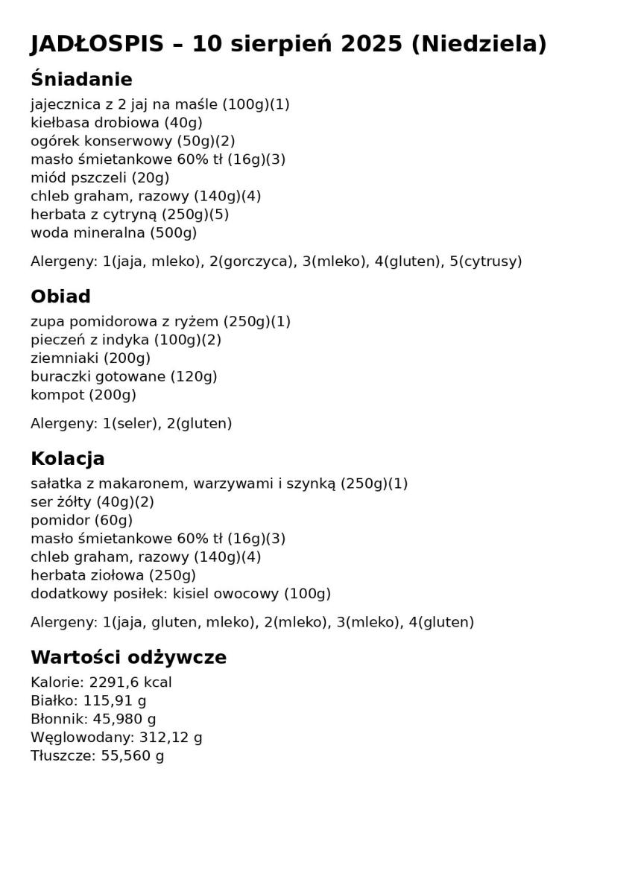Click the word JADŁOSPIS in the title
[x=97, y=45]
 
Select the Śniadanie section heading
[x=81, y=80]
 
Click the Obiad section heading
[x=60, y=297]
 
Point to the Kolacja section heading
[x=67, y=459]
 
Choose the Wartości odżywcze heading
[x=128, y=658]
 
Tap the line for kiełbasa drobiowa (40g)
[x=116, y=123]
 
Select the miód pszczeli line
[x=100, y=178]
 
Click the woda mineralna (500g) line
[x=113, y=233]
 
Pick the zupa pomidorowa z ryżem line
[x=160, y=322]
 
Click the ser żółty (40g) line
[x=92, y=502]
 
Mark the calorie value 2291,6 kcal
[x=130, y=682]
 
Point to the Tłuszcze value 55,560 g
[x=133, y=756]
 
